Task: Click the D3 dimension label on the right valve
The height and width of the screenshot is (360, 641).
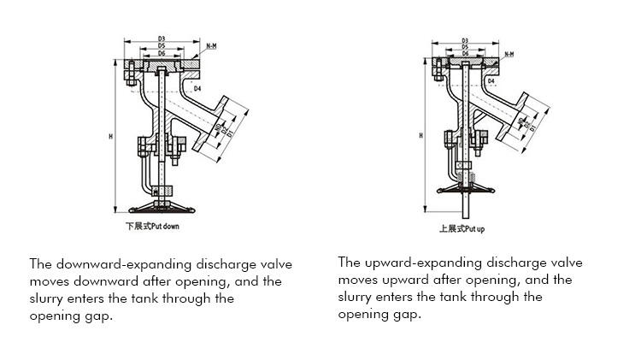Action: (464, 40)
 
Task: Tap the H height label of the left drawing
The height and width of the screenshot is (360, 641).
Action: (112, 136)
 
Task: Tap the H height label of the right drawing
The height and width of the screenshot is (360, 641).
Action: (420, 135)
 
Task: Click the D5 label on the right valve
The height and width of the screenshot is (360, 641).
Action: (464, 47)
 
